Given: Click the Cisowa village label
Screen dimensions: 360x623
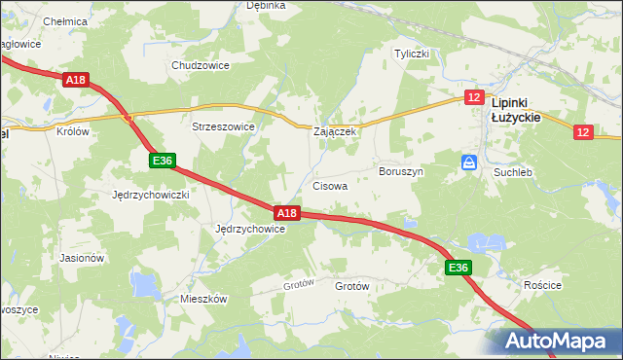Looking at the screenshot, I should tap(330, 185).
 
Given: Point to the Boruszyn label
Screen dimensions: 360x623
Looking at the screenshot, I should tap(400, 170).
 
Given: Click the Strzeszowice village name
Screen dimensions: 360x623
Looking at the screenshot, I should tap(223, 126).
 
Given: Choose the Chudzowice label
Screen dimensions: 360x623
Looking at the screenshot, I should tap(200, 65).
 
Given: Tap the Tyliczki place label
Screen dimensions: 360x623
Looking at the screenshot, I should tap(411, 54).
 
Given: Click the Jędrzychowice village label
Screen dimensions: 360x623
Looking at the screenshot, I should tap(249, 229).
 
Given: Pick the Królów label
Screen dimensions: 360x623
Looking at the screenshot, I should tap(73, 131).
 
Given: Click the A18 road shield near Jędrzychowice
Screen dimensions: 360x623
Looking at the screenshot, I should tap(285, 213).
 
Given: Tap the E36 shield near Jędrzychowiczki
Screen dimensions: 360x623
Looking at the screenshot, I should tap(163, 161).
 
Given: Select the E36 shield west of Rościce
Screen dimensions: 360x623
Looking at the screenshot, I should tap(458, 268).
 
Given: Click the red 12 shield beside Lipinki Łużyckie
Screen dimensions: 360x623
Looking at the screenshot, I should tap(474, 97).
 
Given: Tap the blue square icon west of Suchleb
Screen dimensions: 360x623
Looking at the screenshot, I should tap(469, 162).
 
